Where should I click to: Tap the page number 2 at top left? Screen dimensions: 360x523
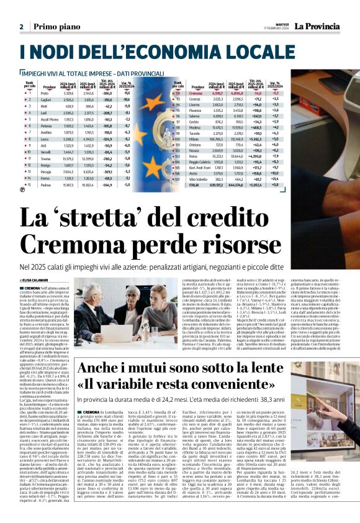[x=21, y=27]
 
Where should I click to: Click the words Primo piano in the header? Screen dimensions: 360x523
[x=56, y=27]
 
